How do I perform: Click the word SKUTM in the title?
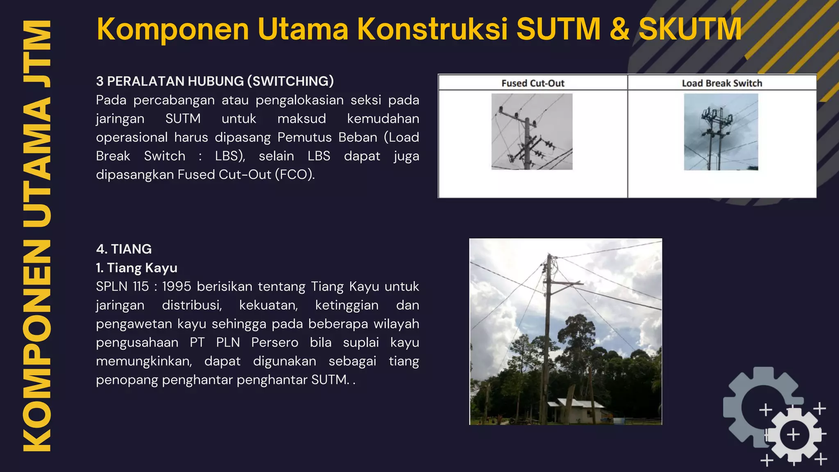(690, 29)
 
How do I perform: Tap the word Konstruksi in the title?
(432, 29)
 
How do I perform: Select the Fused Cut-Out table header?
(533, 83)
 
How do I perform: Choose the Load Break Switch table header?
(722, 83)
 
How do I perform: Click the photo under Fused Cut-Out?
(532, 132)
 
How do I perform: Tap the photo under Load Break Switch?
(721, 132)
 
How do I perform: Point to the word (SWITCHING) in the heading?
(290, 81)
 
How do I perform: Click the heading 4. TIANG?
(124, 249)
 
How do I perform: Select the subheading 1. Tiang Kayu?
(136, 268)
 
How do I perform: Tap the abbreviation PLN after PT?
(228, 343)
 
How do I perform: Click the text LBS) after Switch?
(230, 156)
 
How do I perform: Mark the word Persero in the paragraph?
(274, 343)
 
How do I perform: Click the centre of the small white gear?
(793, 434)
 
